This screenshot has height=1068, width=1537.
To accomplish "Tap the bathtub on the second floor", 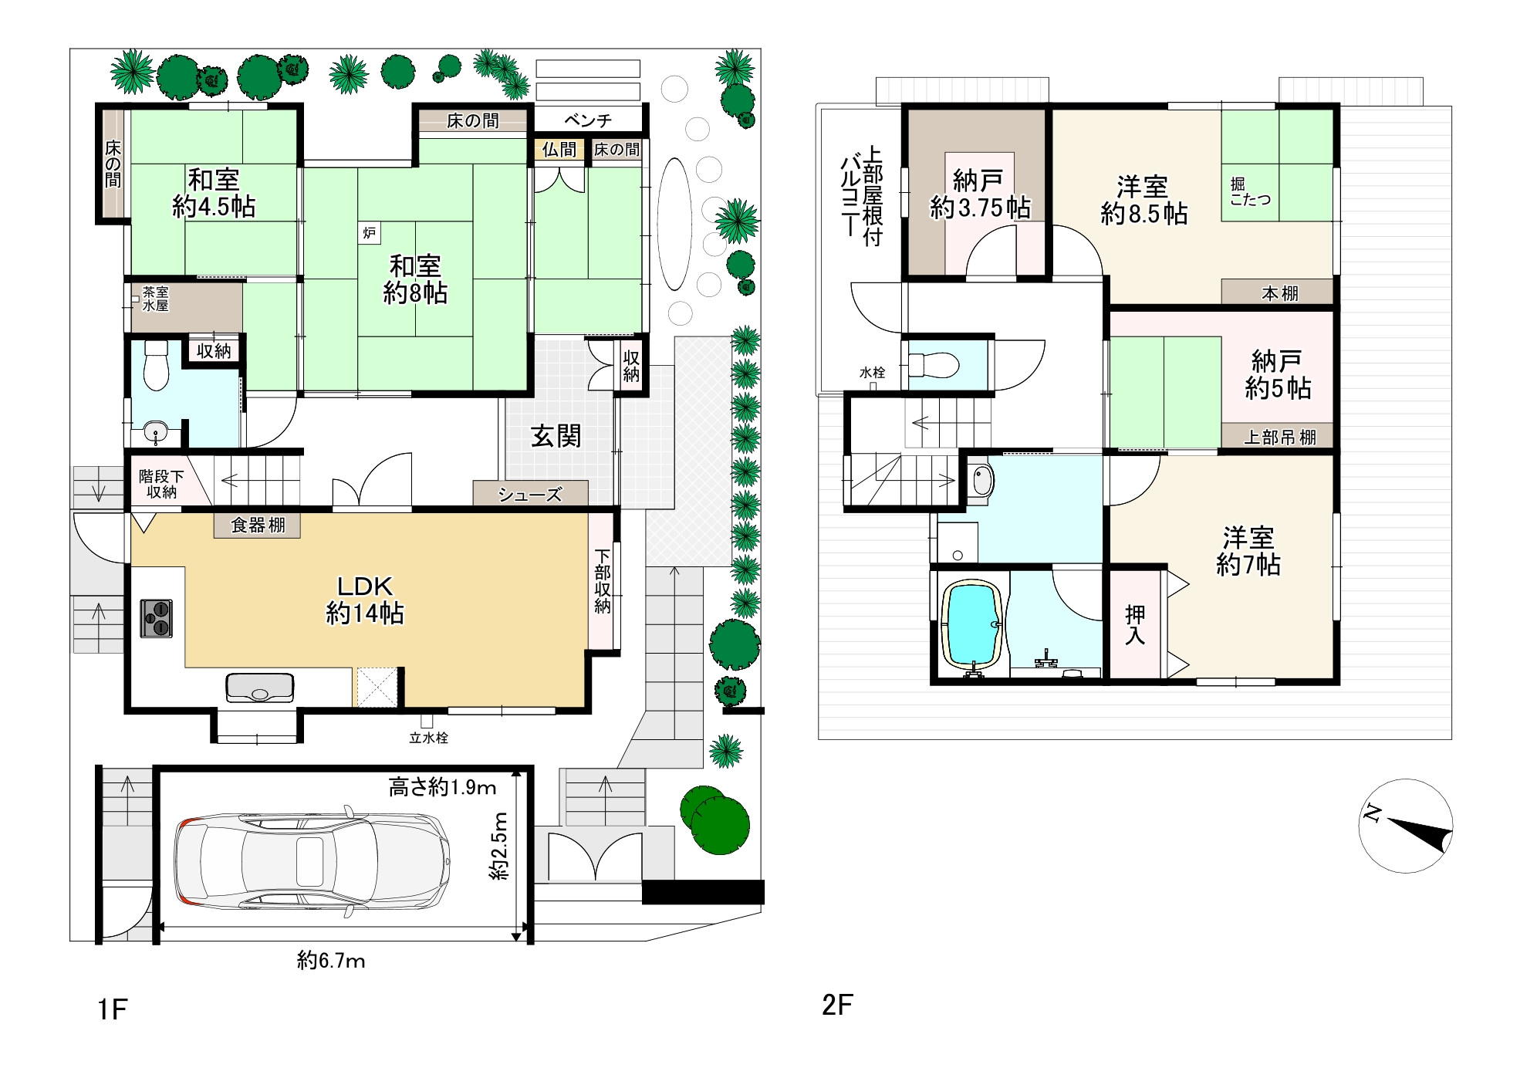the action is (972, 627).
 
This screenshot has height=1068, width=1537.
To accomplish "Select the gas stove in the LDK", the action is (156, 618).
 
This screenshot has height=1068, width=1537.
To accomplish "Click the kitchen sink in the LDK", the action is (259, 687).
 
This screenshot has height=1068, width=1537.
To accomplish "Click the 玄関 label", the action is (556, 437).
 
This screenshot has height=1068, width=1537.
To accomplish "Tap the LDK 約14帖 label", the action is (365, 600).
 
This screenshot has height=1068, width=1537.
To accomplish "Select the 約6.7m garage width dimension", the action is (331, 961).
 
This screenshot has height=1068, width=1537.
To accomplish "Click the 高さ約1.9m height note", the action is (441, 787).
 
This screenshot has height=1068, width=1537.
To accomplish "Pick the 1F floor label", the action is (112, 1009).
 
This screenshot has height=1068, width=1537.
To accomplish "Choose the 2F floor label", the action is (837, 1005).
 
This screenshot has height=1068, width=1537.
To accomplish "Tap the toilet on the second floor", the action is (934, 364).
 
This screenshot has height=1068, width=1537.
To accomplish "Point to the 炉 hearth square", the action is (369, 233).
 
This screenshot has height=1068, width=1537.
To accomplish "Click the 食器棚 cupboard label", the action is (258, 526).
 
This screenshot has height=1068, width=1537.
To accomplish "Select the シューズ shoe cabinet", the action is (530, 493).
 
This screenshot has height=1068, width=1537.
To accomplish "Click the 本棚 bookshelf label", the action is (1279, 293).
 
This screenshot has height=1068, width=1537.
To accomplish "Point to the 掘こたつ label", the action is (1250, 191).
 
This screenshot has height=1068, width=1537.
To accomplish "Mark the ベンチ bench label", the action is (588, 120).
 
